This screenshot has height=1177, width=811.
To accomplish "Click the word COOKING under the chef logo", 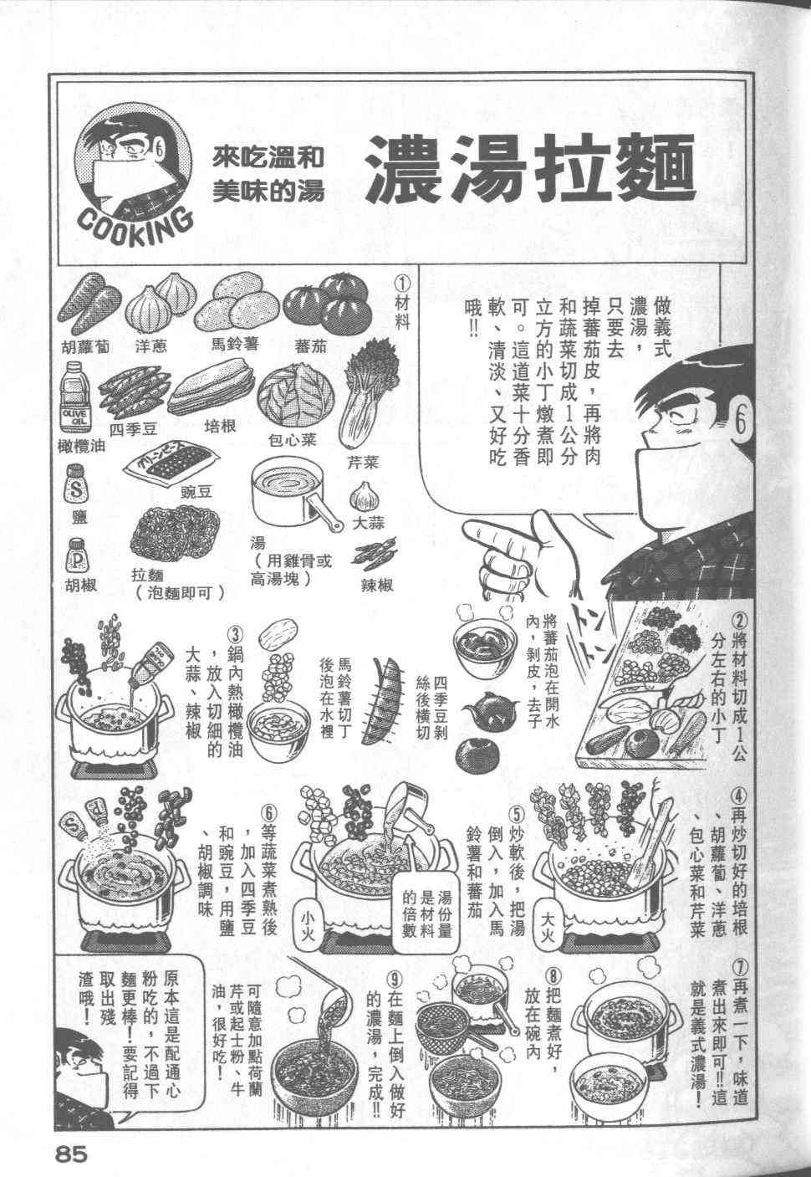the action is point(135,226).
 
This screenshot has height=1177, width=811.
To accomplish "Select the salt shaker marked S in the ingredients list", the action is point(76,484).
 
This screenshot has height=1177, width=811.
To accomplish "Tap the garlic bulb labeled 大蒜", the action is point(364,496).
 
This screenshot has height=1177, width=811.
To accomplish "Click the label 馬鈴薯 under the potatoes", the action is point(234,344).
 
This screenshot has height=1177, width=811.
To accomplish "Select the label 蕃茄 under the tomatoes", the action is point(311,345).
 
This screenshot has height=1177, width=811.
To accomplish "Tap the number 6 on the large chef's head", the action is point(740,423).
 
